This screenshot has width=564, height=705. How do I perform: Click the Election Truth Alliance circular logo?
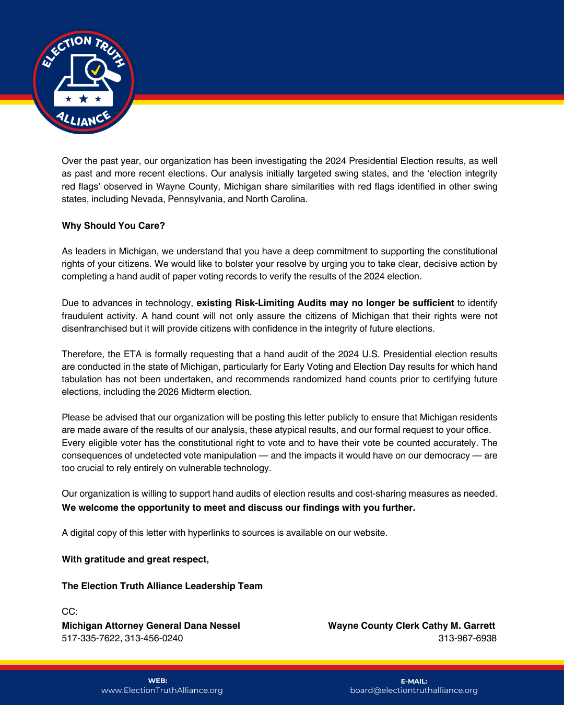click(x=84, y=82)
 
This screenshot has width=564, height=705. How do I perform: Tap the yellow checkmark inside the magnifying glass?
click(x=96, y=69)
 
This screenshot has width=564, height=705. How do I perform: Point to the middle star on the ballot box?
click(x=83, y=99)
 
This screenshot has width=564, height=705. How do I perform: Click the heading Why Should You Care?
click(x=113, y=226)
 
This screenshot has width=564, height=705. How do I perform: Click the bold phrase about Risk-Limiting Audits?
click(x=325, y=303)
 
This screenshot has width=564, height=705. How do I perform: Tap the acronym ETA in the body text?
click(x=133, y=354)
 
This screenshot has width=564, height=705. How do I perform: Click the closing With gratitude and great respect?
click(x=135, y=559)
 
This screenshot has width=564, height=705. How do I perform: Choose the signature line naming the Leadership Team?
click(x=162, y=586)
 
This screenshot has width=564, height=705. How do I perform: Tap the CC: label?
click(x=69, y=612)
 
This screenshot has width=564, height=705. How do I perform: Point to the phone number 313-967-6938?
click(x=467, y=638)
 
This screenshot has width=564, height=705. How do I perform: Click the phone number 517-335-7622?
click(x=90, y=638)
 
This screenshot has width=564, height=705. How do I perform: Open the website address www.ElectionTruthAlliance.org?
click(x=162, y=690)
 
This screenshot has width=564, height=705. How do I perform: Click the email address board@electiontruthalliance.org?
click(x=414, y=690)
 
